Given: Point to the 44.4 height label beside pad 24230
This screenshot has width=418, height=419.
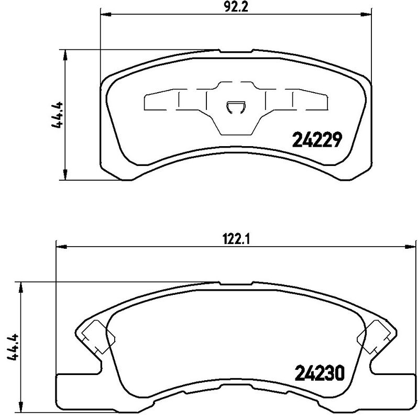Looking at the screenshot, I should (x=13, y=348).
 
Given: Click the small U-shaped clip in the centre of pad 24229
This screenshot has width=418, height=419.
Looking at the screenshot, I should (x=235, y=107).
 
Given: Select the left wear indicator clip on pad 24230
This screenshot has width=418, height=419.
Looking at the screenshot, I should (x=93, y=336).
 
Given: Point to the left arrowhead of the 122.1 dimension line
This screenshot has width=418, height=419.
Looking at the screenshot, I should (x=60, y=246).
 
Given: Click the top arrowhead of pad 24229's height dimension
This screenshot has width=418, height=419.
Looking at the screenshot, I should (x=65, y=53).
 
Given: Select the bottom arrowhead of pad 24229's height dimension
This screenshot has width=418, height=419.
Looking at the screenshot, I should (x=65, y=177).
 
